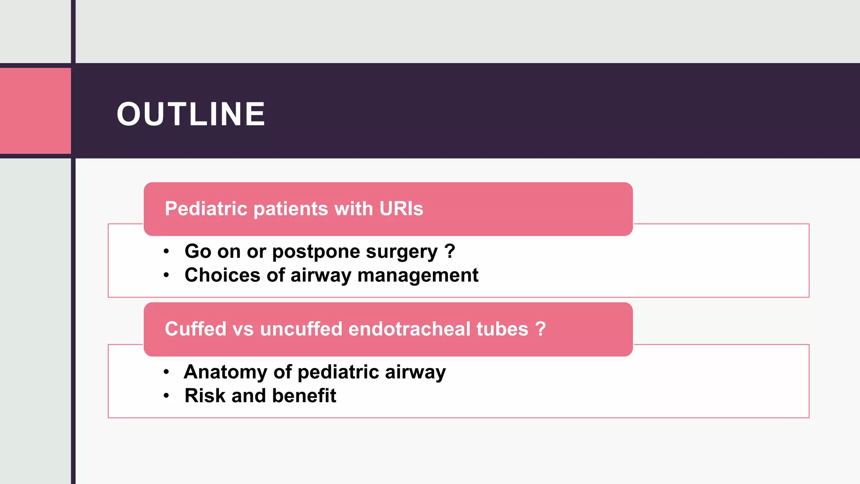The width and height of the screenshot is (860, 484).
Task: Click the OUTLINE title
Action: tap(191, 114)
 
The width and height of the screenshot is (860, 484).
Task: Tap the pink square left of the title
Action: tap(35, 111)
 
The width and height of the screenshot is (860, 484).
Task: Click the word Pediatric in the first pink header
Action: tap(206, 209)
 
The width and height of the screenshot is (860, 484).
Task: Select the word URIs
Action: tap(401, 209)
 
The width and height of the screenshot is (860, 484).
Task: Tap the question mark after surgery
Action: tap(450, 251)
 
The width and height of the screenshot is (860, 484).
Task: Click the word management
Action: tap(418, 276)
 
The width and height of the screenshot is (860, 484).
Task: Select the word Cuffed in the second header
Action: tap(195, 329)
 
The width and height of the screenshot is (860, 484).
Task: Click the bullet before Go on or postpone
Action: tap(166, 252)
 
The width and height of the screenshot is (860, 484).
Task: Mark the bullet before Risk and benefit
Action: tap(166, 396)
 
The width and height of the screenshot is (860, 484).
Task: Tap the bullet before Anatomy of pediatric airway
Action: tap(166, 372)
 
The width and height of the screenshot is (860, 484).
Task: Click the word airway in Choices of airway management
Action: tap(321, 276)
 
